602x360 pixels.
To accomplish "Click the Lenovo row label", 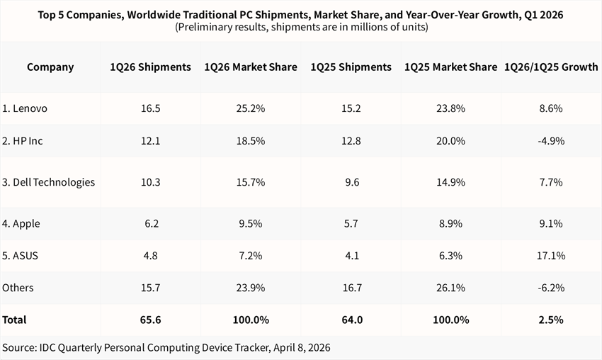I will (25, 108).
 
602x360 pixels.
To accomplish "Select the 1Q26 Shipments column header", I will (150, 67).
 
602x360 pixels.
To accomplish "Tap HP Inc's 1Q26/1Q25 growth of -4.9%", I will (550, 141).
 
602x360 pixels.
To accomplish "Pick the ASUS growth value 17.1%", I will (550, 256).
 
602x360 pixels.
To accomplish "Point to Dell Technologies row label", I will (49, 182).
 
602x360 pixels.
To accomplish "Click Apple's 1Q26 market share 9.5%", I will (250, 223).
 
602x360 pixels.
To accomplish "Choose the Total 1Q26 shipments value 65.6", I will (150, 320).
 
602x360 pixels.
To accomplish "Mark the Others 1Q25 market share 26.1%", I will (450, 288).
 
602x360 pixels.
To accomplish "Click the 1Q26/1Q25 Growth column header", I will (550, 67).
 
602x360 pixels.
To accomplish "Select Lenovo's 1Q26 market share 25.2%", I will (250, 108).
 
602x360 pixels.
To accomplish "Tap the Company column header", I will (50, 67).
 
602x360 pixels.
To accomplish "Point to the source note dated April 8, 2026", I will (166, 347).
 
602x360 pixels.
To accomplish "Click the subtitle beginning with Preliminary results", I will (300, 28).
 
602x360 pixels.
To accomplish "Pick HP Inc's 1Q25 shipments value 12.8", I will (351, 141).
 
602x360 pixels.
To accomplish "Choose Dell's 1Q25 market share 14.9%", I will (450, 182).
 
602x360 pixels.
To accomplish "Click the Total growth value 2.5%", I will (550, 320).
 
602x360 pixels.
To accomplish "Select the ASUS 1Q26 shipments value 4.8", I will (150, 256).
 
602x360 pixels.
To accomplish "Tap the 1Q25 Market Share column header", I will (450, 67).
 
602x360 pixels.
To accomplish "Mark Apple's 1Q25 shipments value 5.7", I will (351, 223).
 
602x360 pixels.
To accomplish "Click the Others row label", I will (18, 288).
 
